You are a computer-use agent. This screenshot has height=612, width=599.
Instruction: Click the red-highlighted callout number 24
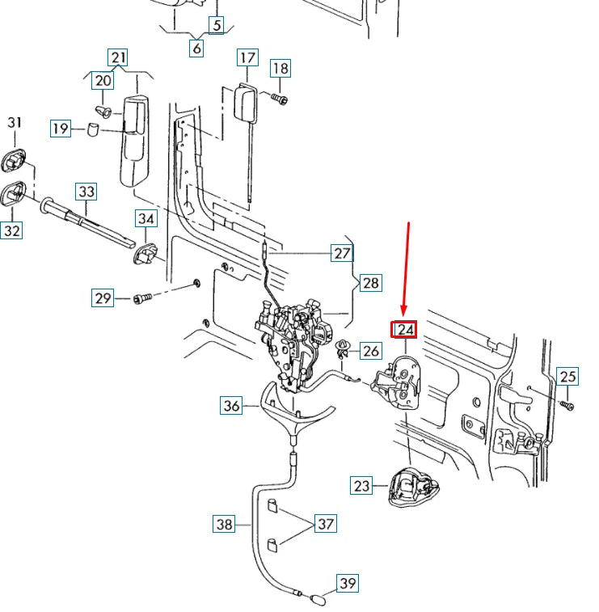point(403,330)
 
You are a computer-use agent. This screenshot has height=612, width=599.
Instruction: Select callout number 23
point(361,486)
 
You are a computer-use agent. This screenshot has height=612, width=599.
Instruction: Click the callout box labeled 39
point(347,584)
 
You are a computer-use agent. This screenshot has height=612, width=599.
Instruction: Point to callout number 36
point(231,406)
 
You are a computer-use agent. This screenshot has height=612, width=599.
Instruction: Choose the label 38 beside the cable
point(224,525)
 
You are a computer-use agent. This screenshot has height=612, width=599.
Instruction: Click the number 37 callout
point(325,525)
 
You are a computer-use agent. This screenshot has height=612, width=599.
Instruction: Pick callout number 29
point(102,299)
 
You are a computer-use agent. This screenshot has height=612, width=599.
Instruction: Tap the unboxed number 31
point(15,123)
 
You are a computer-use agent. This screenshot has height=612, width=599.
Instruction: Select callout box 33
point(86,192)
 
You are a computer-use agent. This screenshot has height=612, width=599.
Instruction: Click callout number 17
point(247,58)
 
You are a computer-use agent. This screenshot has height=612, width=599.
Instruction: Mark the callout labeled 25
point(567,377)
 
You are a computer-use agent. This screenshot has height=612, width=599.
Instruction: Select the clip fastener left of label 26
point(344,348)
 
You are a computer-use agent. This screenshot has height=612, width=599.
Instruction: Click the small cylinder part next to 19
point(93,128)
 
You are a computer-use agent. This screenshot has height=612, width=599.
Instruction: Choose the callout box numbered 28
point(370,283)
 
